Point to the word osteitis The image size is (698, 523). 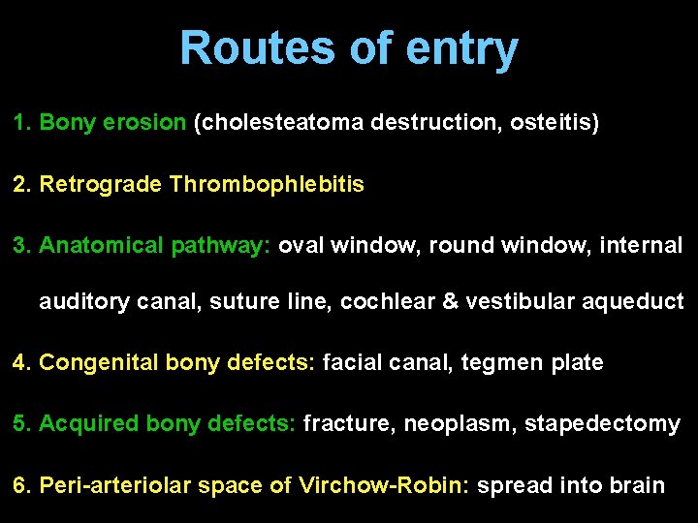(x=558, y=123)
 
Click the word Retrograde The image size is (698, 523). (x=101, y=184)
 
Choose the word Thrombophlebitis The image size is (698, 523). (x=267, y=184)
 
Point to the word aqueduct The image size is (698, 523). (x=639, y=303)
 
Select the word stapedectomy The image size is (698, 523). (x=602, y=424)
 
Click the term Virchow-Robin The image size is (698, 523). (x=385, y=484)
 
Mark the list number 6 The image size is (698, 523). (x=20, y=484)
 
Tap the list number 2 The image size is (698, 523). (x=20, y=184)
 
